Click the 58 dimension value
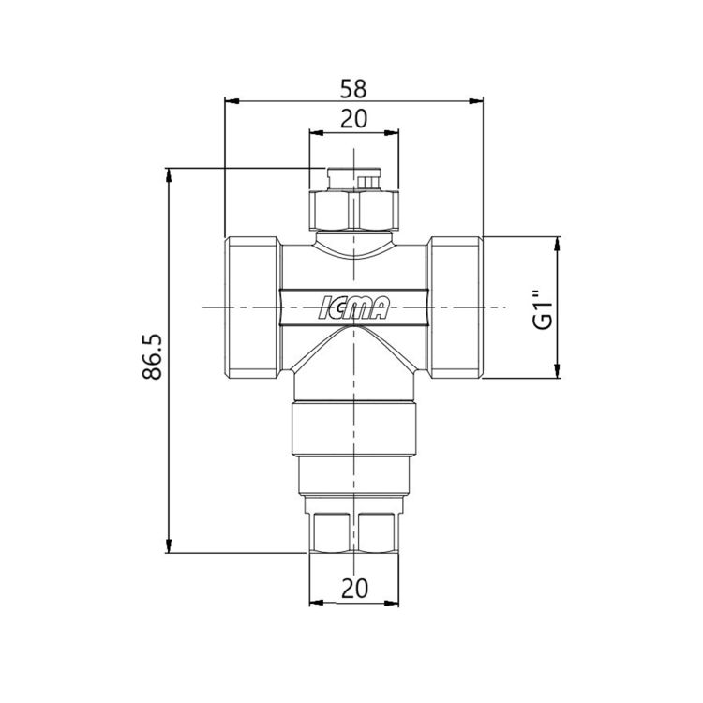click(x=353, y=89)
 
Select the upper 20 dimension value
click(x=353, y=119)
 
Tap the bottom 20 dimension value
click(x=354, y=588)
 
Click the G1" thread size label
click(x=543, y=310)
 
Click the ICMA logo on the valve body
click(x=353, y=307)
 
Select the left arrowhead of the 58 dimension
click(x=231, y=101)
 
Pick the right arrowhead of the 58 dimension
click(x=476, y=101)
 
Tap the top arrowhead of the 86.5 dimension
click(x=169, y=175)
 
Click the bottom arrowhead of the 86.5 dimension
click(x=169, y=546)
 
